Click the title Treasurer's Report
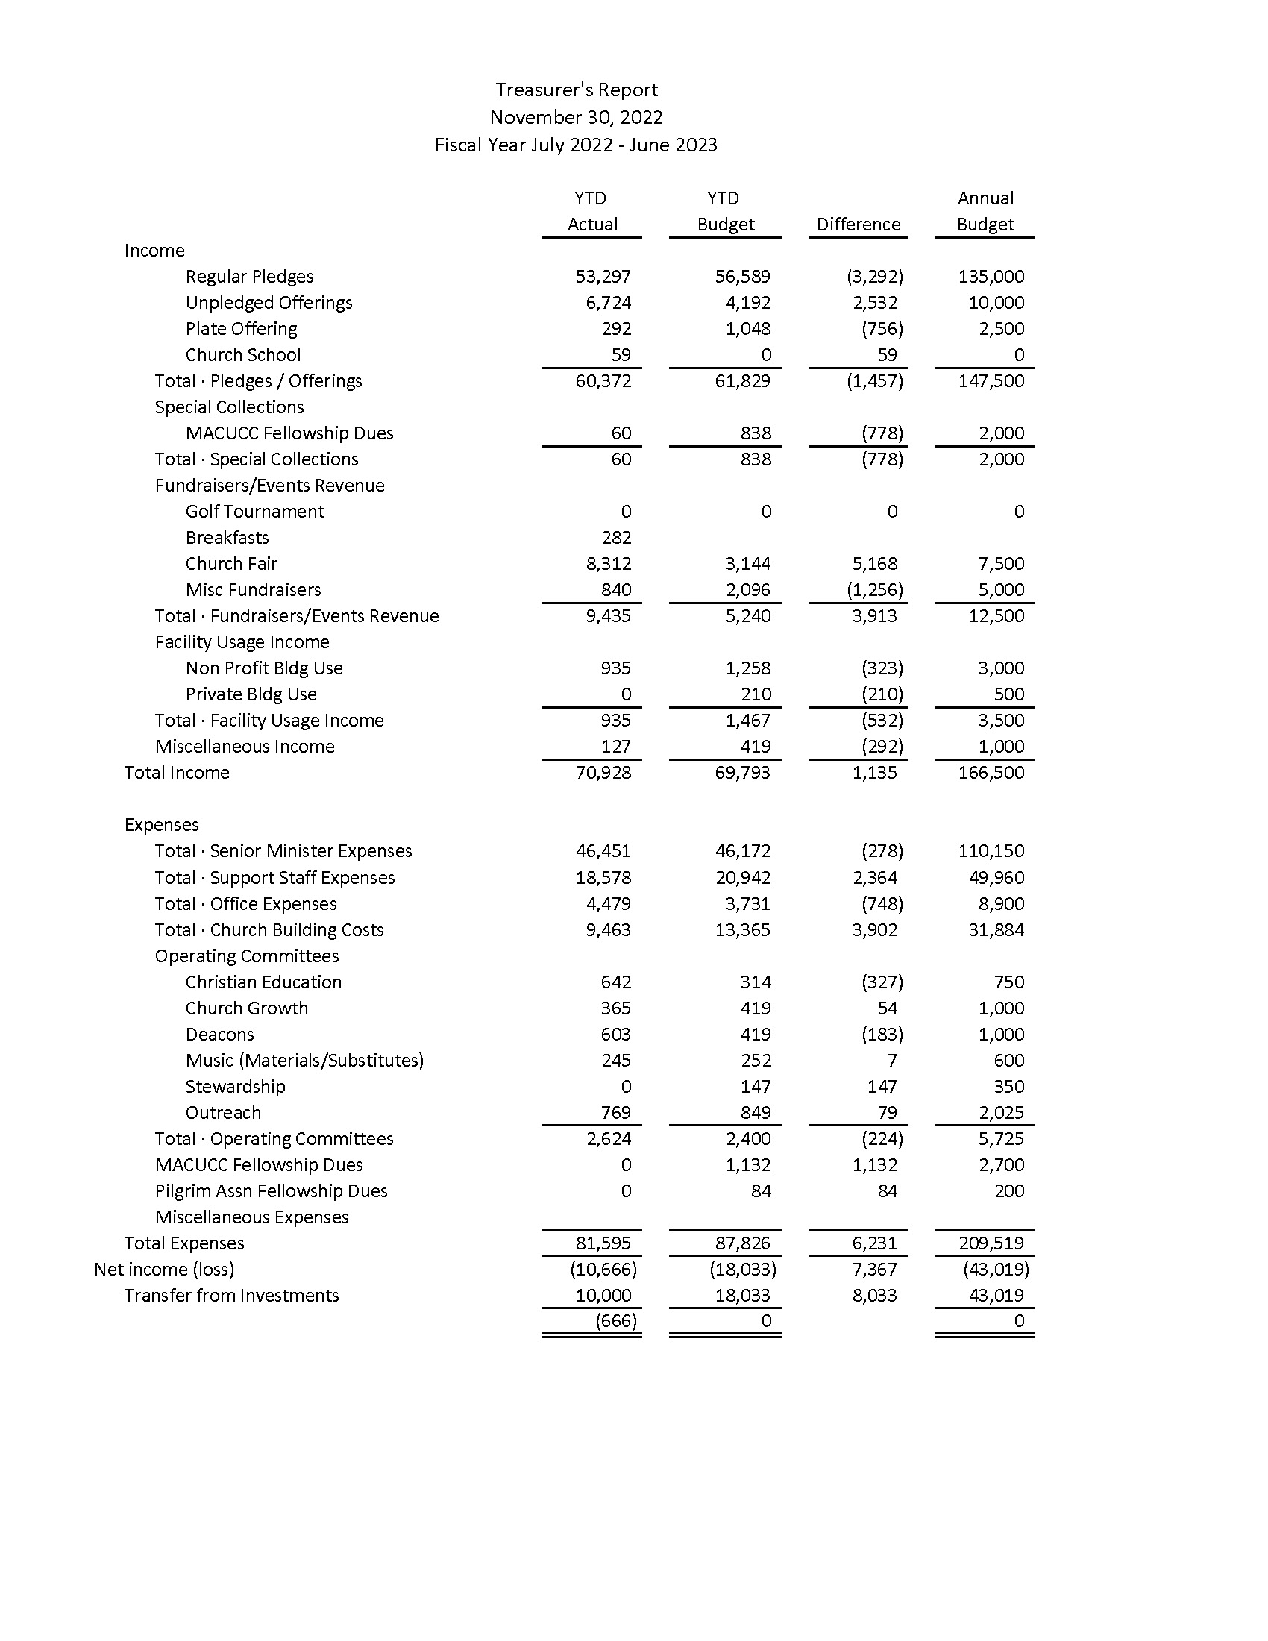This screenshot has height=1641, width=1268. [576, 90]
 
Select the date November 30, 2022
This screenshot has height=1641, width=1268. [576, 118]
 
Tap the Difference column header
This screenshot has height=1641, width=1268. [858, 225]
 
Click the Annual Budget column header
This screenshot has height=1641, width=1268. [985, 212]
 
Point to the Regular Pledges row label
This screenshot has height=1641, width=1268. [249, 277]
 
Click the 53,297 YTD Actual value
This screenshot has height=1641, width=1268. [603, 277]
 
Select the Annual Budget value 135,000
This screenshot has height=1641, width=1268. [991, 277]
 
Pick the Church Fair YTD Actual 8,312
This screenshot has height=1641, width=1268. [608, 563]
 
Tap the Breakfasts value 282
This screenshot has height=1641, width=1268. [616, 538]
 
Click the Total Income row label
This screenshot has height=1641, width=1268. [177, 773]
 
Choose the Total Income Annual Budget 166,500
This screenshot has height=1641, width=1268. [991, 773]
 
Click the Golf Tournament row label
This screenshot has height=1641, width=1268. [254, 512]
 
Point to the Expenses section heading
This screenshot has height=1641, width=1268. [162, 825]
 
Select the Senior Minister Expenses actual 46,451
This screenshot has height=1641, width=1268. [603, 851]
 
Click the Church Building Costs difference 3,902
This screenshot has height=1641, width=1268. [874, 930]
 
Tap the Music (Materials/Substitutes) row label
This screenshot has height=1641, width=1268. [304, 1060]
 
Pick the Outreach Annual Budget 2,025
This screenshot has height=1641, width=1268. [1000, 1113]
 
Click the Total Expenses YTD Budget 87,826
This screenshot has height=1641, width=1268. [742, 1243]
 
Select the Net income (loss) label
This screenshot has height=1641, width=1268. [164, 1270]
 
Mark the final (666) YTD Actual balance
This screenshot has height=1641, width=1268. [615, 1321]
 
